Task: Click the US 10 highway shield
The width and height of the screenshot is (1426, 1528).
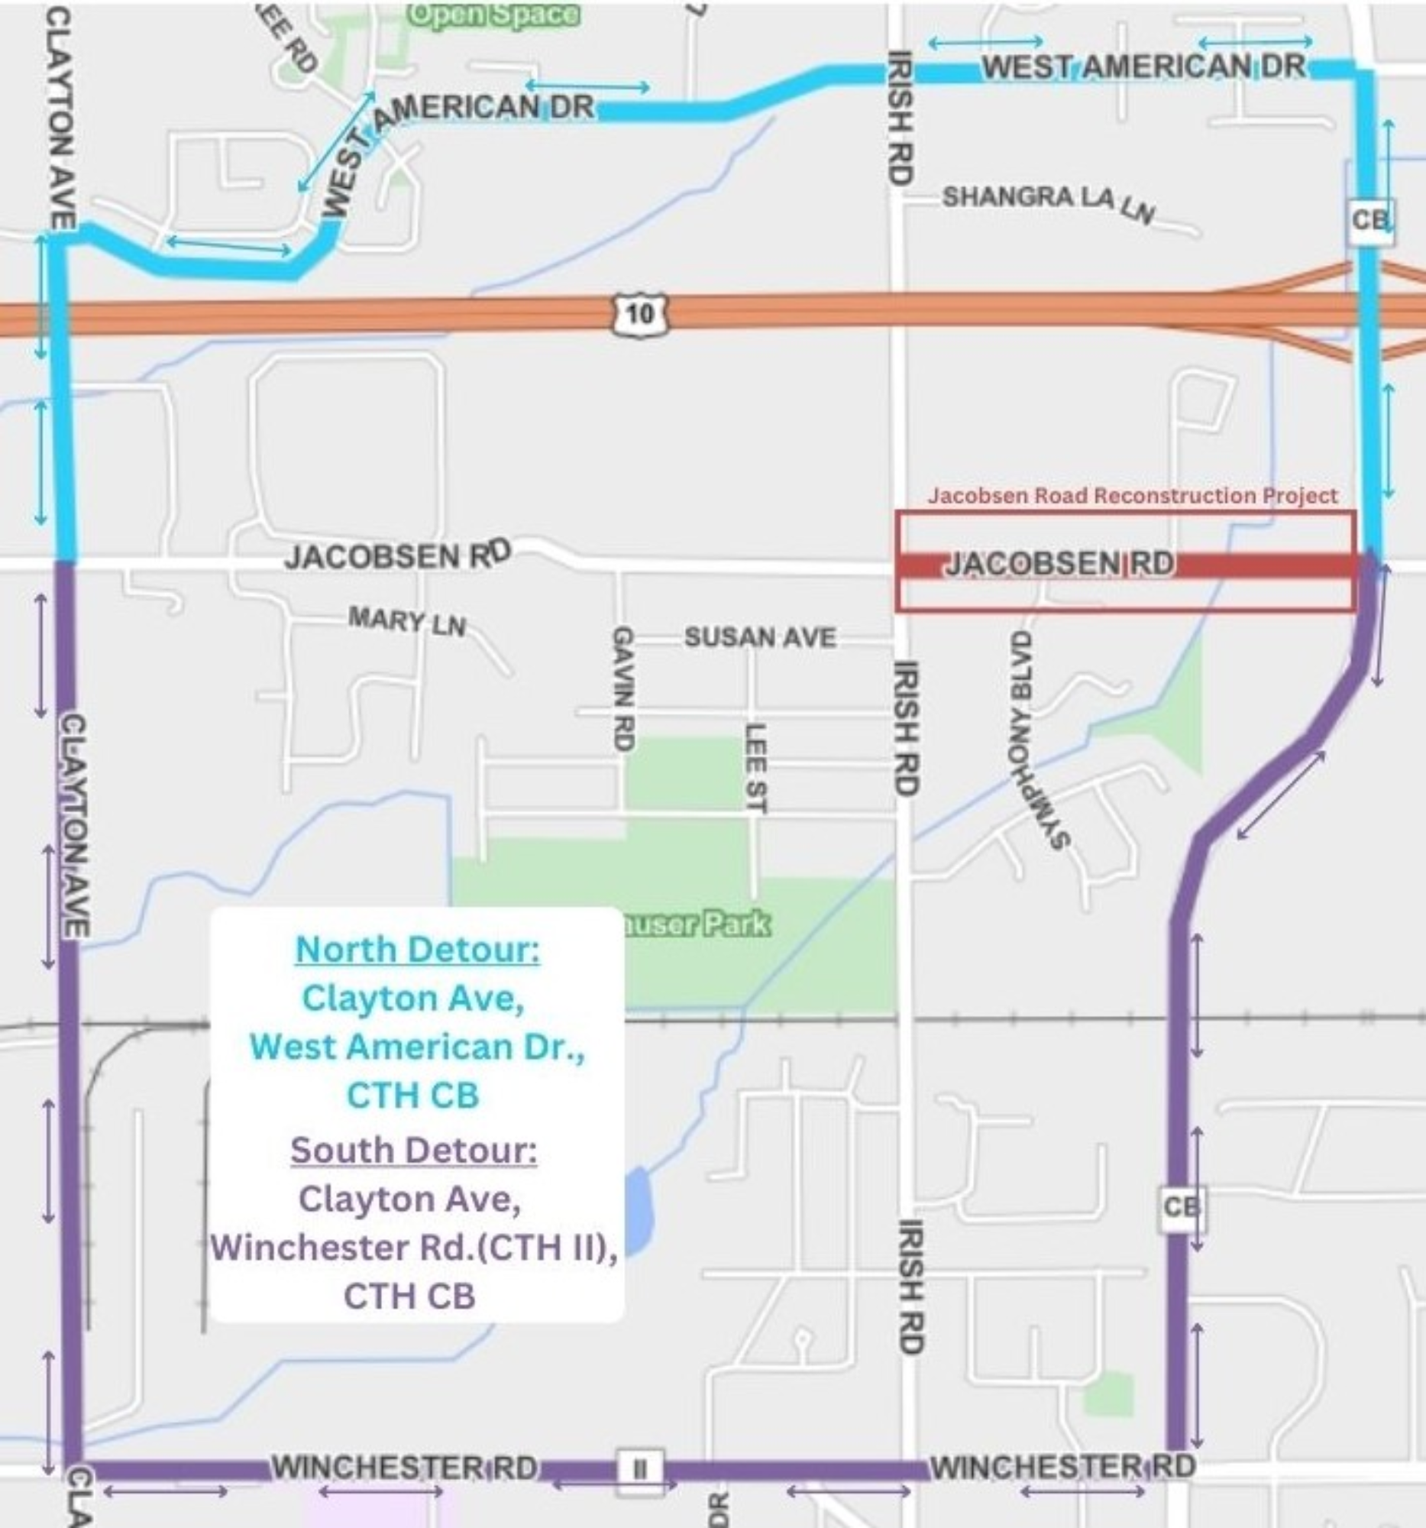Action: pos(639,313)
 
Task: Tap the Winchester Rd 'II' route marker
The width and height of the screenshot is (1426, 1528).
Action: pos(639,1468)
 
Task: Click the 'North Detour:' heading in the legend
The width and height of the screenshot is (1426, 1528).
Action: pos(417,949)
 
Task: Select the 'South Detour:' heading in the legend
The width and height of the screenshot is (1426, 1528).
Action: pos(413,1150)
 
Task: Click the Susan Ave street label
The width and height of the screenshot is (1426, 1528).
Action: pos(760,637)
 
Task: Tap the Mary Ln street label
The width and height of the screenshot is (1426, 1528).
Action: pos(406,620)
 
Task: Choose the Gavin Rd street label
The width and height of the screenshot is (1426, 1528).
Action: pos(623,688)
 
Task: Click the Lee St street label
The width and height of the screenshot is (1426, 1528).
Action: pos(755,767)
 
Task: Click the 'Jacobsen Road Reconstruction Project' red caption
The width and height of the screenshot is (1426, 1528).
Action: pos(1133,496)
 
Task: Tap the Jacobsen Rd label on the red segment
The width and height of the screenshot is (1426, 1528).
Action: pos(1059,564)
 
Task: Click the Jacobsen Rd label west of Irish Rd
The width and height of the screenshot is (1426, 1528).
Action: pos(397,555)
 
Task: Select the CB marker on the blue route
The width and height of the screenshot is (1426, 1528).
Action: pos(1371,222)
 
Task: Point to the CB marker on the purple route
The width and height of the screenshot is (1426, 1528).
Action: pos(1181,1206)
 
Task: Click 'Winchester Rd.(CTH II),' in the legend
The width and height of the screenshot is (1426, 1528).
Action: pos(413,1247)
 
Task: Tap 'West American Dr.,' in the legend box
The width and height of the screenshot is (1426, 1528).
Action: pos(417,1047)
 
